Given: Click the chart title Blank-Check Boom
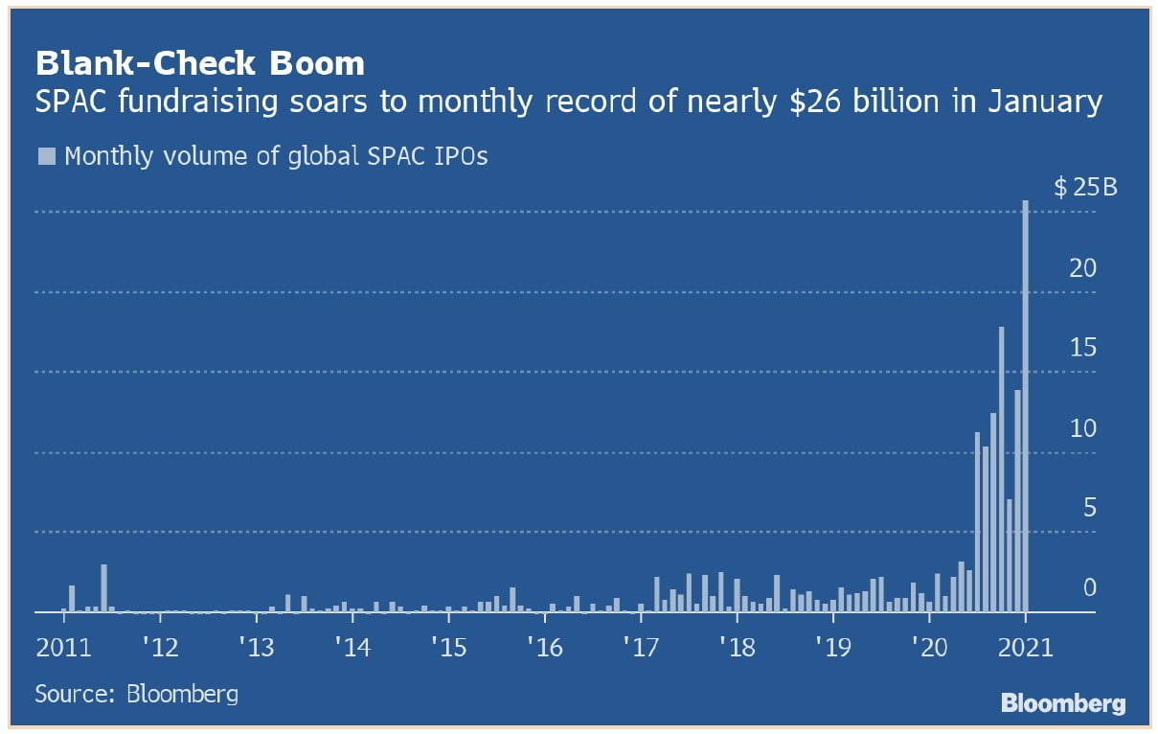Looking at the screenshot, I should [200, 63].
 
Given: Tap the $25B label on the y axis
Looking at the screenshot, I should [1085, 187].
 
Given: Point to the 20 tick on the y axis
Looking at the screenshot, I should [1082, 268].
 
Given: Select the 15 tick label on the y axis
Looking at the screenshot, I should [1082, 348].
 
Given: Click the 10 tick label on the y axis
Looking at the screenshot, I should [1082, 428].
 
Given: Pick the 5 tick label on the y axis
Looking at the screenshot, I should [1089, 508].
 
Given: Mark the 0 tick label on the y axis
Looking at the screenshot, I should [1089, 587].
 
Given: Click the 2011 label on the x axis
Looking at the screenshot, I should [64, 647].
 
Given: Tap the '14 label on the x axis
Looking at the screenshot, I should [352, 647].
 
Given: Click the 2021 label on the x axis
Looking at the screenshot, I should [1026, 647].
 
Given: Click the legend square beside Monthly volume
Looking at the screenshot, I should [46, 156].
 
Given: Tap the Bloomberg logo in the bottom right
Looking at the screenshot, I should [1063, 703].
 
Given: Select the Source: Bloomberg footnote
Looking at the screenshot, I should [137, 693].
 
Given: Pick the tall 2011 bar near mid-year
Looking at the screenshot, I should [103, 587].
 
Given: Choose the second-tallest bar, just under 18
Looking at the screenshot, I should [1001, 469].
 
